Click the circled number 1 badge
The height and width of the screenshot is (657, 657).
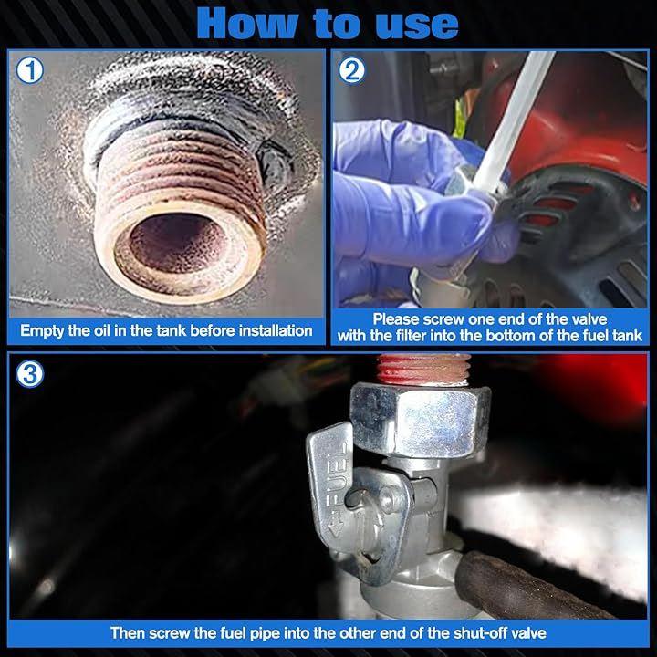click(30, 71)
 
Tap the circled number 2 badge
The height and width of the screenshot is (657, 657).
click(352, 71)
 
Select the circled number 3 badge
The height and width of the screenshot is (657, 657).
click(29, 374)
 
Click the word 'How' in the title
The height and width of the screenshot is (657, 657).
click(247, 25)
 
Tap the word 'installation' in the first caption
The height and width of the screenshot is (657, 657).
click(276, 330)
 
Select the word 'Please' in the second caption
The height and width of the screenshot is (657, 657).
click(396, 319)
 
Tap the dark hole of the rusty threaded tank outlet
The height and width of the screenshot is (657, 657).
click(175, 242)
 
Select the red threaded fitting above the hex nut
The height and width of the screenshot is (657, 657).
click(423, 370)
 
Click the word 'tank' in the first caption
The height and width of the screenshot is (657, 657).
click(171, 330)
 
